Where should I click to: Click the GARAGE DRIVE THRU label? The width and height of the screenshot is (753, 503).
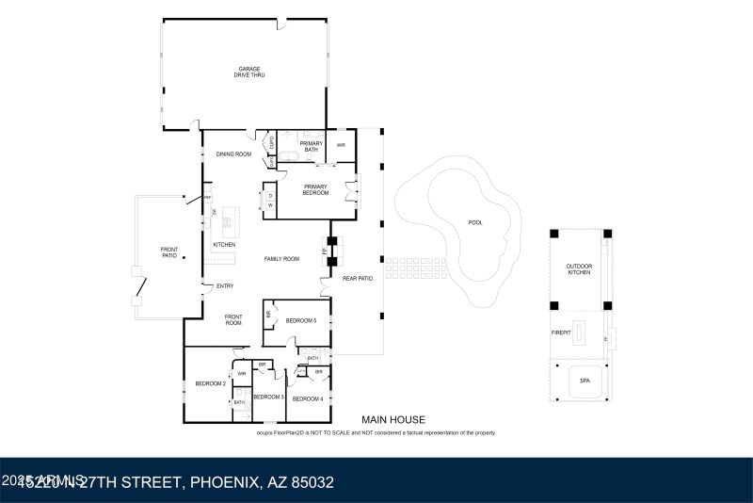tap(249, 72)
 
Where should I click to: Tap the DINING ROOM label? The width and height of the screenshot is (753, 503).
tap(233, 154)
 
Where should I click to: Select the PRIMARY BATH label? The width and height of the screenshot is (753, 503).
tap(312, 146)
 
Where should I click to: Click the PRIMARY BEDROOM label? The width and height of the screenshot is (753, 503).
tap(315, 189)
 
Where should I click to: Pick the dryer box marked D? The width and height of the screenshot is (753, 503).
tap(270, 196)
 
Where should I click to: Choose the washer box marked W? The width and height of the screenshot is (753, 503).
tap(270, 204)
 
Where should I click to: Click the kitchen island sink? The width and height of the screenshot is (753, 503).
tap(226, 224)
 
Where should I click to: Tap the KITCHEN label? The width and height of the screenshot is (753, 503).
tap(223, 245)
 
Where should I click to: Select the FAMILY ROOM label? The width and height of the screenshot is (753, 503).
tap(281, 258)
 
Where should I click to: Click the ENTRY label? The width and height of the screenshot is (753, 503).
tap(225, 286)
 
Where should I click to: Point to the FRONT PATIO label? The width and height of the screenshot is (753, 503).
tap(168, 251)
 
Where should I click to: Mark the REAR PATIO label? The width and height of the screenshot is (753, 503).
tap(357, 279)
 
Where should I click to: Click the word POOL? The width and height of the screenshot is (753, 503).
tap(474, 223)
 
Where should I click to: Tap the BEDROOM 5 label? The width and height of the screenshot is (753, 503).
tap(301, 321)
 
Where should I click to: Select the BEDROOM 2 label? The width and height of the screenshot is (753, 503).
tap(209, 383)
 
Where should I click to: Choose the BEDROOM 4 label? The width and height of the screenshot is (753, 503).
tap(307, 399)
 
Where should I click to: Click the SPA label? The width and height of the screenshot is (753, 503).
tap(585, 381)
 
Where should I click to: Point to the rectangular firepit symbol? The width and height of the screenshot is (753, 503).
tap(582, 332)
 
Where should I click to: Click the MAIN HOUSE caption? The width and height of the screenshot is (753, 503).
tap(393, 420)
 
